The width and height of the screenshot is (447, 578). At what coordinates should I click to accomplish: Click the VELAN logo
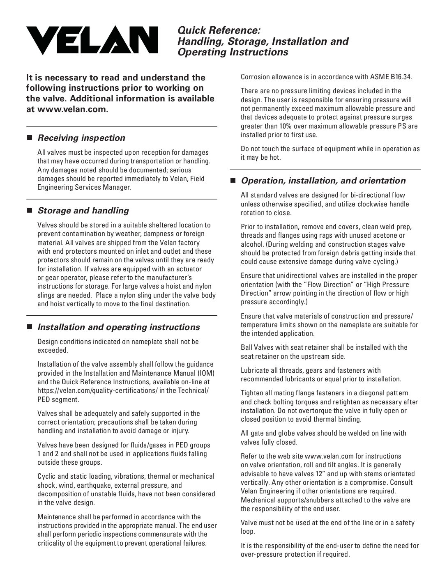[x=92, y=40]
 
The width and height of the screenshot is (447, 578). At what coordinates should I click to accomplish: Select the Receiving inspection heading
[x=81, y=138]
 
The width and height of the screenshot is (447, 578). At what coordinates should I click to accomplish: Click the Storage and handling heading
[x=83, y=211]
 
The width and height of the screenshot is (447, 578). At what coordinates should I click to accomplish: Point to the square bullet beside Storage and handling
[x=29, y=211]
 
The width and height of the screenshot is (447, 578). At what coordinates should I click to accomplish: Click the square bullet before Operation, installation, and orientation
[x=233, y=181]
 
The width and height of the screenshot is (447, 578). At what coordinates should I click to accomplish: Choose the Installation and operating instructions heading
[x=119, y=327]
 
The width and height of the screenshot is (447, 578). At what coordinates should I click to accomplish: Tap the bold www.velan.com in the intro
[x=72, y=109]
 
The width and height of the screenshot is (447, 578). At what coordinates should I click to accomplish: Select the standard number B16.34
[x=401, y=77]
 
